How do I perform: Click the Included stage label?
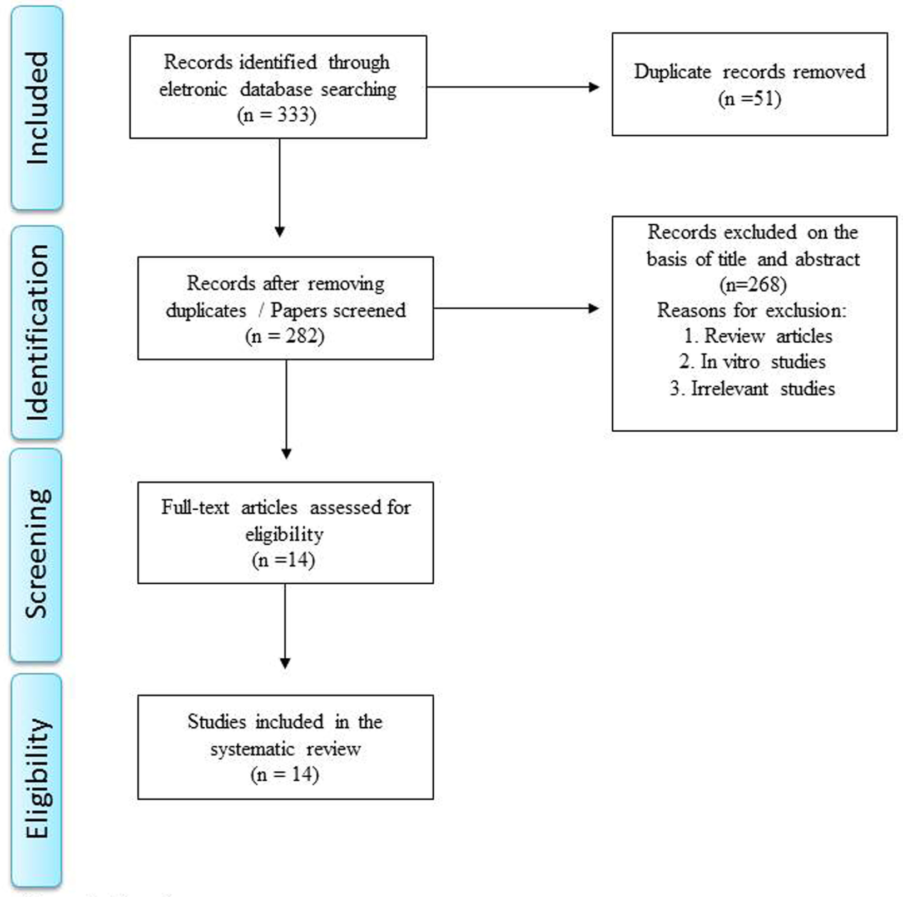tap(37, 108)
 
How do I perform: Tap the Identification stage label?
tap(37, 333)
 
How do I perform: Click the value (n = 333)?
tap(276, 115)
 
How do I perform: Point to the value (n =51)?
tap(750, 98)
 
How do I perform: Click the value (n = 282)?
tap(284, 336)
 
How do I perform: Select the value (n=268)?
tap(753, 284)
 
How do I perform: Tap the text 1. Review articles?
tap(758, 336)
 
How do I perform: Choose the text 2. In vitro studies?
tap(752, 362)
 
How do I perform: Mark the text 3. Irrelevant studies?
tap(752, 388)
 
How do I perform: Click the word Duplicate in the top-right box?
tap(672, 72)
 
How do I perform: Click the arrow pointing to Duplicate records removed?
tap(512, 87)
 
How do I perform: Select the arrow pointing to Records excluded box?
tap(515, 308)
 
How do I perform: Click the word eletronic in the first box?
tap(193, 89)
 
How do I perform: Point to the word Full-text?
tap(195, 507)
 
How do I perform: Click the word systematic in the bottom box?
tap(252, 749)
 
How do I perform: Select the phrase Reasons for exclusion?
tap(752, 310)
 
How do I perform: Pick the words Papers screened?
tap(338, 310)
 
